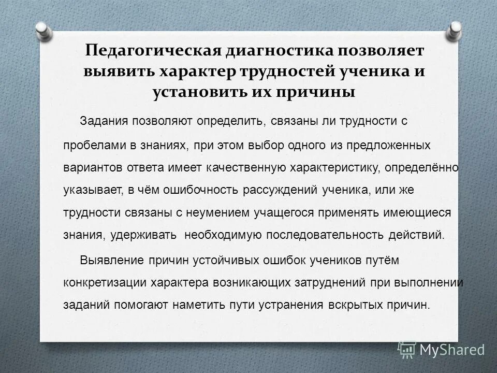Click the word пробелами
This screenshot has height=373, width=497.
pyautogui.click(x=90, y=146)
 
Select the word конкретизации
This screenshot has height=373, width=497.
pyautogui.click(x=104, y=283)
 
